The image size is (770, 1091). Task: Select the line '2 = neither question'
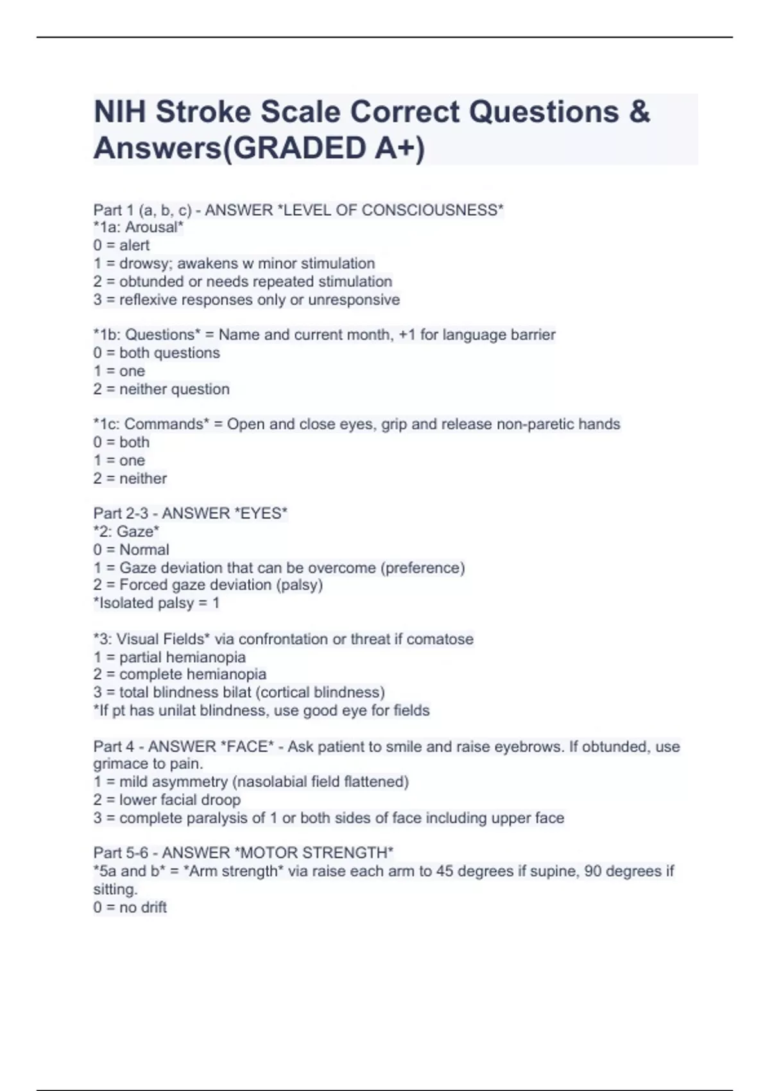click(161, 389)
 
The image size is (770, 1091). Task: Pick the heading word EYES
click(262, 513)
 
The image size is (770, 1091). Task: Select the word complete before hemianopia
click(146, 674)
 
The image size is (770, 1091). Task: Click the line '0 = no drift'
click(130, 907)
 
